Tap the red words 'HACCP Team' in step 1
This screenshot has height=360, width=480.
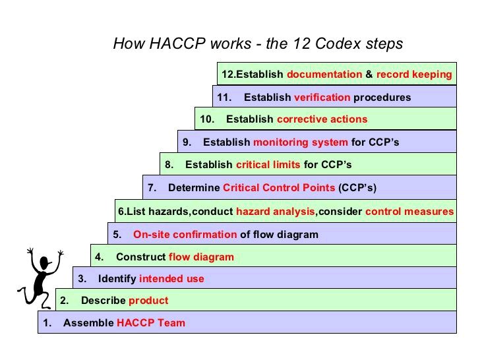(x=151, y=323)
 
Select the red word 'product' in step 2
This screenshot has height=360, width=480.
(x=148, y=301)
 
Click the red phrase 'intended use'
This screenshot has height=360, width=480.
(x=171, y=279)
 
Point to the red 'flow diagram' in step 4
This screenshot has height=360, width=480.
(x=201, y=257)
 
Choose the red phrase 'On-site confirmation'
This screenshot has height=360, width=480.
(x=185, y=234)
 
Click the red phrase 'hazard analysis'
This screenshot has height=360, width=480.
(x=276, y=212)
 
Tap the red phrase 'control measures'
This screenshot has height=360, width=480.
(x=409, y=212)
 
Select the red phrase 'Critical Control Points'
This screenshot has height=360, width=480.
(x=279, y=188)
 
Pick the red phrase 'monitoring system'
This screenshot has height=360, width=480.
(x=300, y=142)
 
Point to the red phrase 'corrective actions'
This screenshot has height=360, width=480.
(x=322, y=119)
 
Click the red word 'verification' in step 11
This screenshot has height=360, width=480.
(x=322, y=98)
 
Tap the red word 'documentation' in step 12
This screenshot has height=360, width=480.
(x=324, y=75)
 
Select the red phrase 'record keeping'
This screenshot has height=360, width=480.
(x=414, y=75)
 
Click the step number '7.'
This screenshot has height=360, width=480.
(x=152, y=188)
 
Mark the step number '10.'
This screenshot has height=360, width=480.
(x=207, y=119)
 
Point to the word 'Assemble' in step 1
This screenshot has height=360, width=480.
(x=88, y=323)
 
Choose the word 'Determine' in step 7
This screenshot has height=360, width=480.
(x=194, y=188)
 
